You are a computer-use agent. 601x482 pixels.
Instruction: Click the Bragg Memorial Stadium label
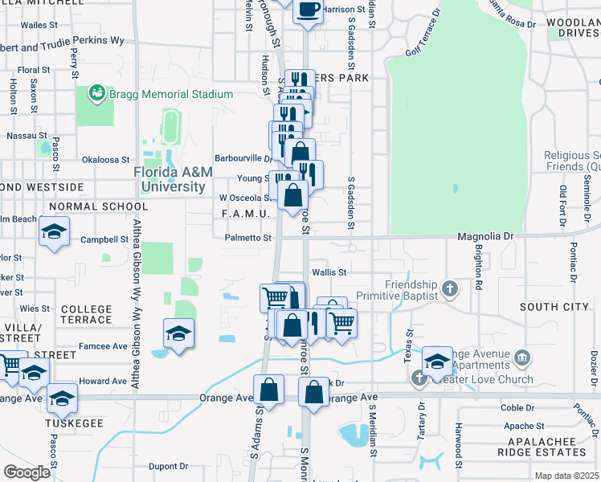click(x=172, y=94)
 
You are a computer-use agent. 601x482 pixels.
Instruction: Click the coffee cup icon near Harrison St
click(x=308, y=10)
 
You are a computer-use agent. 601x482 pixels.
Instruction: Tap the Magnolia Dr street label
click(x=484, y=236)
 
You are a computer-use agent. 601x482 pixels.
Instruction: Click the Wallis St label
click(x=329, y=272)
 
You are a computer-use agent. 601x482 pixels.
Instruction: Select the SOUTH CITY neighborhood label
click(x=554, y=307)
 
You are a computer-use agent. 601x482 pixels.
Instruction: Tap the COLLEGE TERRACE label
click(x=87, y=314)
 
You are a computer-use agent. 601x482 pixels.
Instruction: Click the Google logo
click(x=27, y=472)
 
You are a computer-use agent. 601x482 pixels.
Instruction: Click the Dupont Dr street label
click(x=168, y=465)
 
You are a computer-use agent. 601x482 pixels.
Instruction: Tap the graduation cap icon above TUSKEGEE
click(x=62, y=397)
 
